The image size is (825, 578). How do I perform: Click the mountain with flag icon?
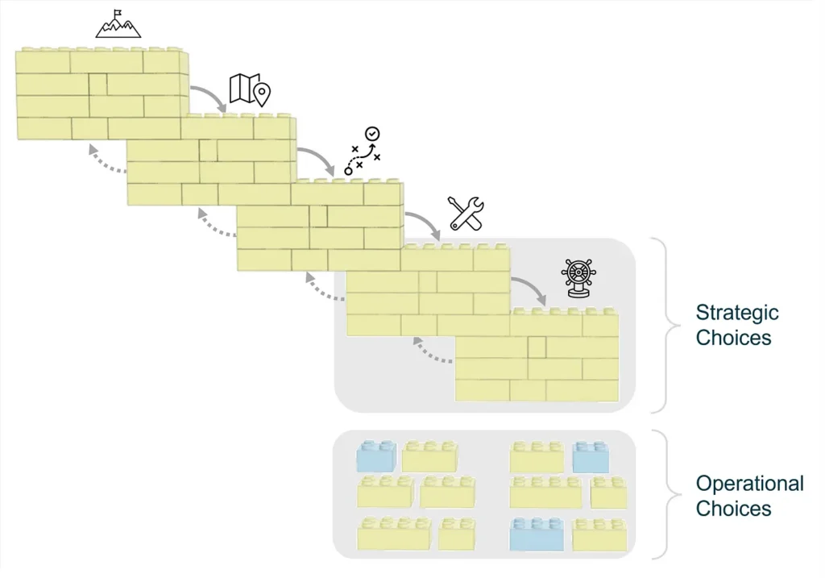118,23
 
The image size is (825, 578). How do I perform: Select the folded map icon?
250,90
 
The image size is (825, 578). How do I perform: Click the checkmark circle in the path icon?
372,134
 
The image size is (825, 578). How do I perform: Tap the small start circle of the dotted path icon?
348,171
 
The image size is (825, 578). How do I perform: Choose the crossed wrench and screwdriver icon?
466,214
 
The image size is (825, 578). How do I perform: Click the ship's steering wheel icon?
578,278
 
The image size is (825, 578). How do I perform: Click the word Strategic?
737,313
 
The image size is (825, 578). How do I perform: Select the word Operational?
750,483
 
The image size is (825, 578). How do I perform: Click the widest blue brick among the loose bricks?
537,534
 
